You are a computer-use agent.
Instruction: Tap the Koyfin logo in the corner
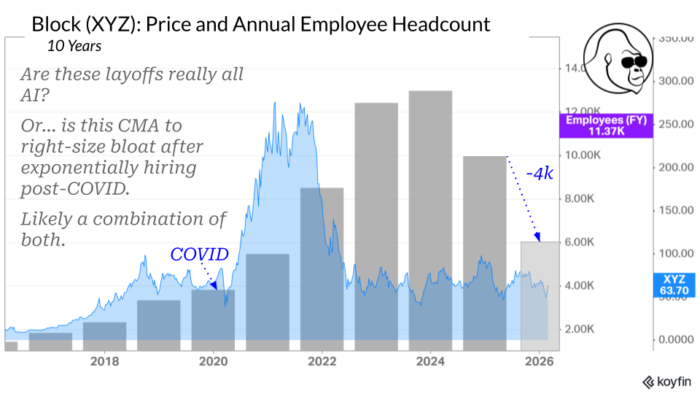coord(666,382)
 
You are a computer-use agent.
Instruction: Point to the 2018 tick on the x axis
coord(105,360)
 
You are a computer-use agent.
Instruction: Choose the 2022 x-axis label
coord(322,360)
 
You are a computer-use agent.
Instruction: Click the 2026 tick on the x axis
coord(538,360)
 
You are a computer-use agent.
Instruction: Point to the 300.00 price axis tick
coord(677,80)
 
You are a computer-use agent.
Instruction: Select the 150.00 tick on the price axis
coord(677,210)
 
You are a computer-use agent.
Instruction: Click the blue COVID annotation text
coord(199,254)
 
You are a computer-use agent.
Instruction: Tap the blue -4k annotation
coord(540,174)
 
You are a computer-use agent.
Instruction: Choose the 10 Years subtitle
coord(74,45)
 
